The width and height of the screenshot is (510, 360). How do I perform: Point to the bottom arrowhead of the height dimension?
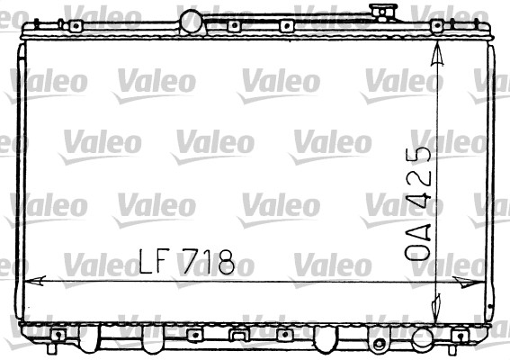(437, 302)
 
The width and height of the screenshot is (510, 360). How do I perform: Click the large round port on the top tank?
(192, 20)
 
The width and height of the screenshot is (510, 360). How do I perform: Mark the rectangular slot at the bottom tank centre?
(238, 336)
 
